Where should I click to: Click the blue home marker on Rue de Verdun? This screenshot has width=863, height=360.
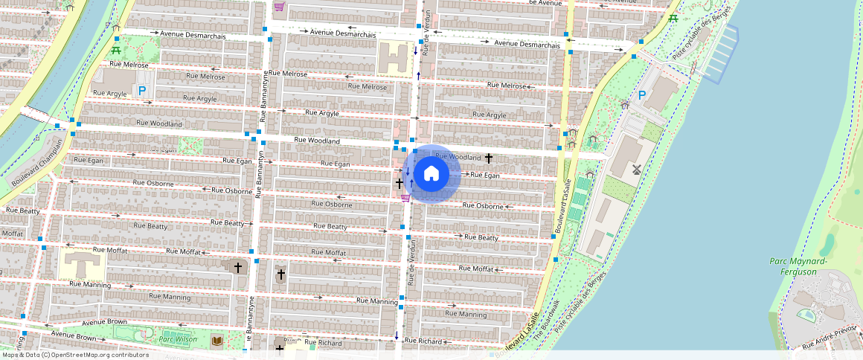(x=431, y=174)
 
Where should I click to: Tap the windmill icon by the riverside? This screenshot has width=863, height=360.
(x=636, y=170)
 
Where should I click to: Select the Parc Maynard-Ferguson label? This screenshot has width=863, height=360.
(x=798, y=266)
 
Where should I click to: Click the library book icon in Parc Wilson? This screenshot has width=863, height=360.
(x=217, y=341)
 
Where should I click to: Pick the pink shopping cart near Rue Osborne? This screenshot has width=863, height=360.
(x=405, y=198)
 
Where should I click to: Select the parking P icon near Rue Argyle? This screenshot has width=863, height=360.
(x=141, y=90)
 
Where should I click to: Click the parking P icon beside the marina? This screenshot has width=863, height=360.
(x=642, y=95)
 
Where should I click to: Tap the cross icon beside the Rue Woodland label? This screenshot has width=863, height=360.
(x=489, y=158)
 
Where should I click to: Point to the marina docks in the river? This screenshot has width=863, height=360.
(x=719, y=52)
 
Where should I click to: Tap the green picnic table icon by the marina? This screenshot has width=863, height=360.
(x=673, y=18)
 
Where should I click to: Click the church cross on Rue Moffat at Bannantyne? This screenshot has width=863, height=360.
(x=238, y=266)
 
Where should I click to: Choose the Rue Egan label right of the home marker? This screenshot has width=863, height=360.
(x=485, y=176)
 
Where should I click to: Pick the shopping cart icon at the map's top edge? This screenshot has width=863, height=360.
(x=279, y=7)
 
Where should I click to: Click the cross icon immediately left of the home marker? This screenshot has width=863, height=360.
(x=400, y=182)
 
